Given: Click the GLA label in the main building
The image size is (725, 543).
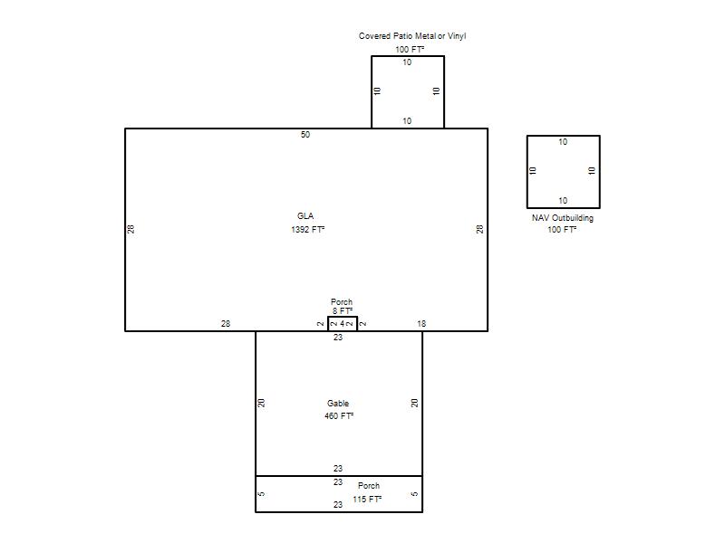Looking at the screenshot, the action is coord(305,216).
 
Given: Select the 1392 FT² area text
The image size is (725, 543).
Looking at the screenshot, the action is coord(308,230).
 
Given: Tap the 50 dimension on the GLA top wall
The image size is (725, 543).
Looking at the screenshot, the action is coord(305,135).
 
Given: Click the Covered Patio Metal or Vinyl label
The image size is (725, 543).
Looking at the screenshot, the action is coord(412,36).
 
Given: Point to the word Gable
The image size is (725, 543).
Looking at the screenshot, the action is coord(338,404).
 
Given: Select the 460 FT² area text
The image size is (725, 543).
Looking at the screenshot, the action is coord(339,416).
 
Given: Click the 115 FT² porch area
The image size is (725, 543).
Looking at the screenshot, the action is coord(367,500).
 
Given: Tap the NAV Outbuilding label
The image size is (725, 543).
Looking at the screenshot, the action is coord(563,218).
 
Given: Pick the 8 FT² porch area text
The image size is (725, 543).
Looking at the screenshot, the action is coord(343,311).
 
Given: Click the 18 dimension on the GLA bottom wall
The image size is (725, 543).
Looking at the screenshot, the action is coord(421,324).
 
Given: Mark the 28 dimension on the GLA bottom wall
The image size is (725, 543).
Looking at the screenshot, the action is coord(226,324).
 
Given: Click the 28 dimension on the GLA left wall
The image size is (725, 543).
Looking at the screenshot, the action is coord(130,229).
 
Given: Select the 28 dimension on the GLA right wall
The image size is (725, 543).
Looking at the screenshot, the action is coord(480,229).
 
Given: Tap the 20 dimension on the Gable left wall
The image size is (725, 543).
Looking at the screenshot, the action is coord(262,403).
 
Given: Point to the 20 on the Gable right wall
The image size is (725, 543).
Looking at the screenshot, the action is coord(415,403).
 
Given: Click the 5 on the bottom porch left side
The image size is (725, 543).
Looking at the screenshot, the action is coord(262,494).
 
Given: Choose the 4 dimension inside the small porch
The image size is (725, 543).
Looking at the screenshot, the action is coord(343,324).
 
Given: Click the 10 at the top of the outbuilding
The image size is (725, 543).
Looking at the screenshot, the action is coord(563,142).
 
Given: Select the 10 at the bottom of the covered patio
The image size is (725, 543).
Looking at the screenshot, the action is coord(407,121).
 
